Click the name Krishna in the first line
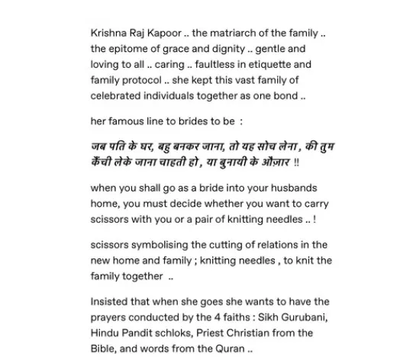[109, 36]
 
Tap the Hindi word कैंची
[103, 162]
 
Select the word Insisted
[111, 301]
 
